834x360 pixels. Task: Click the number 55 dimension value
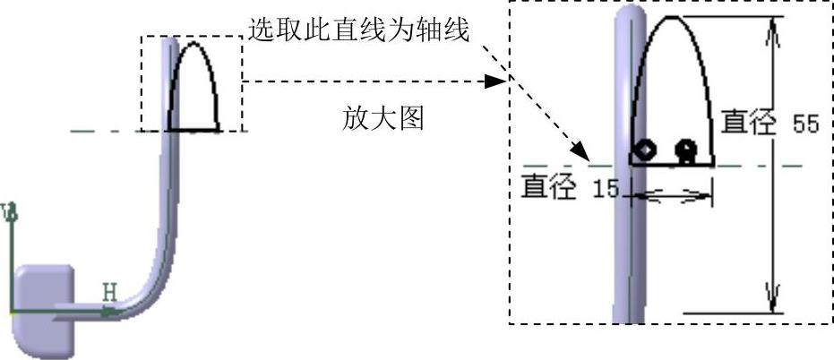click(806, 124)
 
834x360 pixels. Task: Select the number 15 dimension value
click(606, 189)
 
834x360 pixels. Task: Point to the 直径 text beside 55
click(749, 123)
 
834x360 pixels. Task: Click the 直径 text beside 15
click(549, 187)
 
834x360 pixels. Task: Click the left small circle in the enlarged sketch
click(645, 149)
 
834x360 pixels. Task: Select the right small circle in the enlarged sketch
click(687, 148)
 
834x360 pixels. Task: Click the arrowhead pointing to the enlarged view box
click(493, 81)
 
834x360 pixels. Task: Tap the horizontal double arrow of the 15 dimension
click(672, 194)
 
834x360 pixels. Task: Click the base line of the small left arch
click(193, 131)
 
